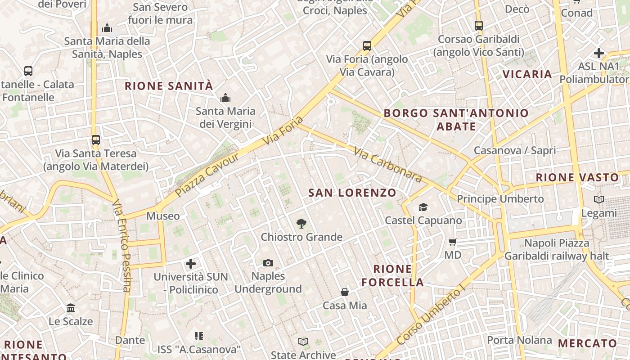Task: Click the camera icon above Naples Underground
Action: point(268,263)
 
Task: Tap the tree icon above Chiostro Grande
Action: point(301,223)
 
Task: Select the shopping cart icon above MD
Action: point(453,242)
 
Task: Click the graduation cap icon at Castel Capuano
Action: point(423,207)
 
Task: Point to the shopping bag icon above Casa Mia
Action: point(345,292)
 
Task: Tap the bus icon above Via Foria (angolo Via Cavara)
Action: point(367,45)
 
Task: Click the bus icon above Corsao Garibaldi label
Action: point(479,26)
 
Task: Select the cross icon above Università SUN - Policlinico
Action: point(191,263)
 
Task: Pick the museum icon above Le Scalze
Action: point(71,308)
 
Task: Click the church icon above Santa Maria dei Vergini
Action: point(225,98)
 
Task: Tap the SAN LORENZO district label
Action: point(352,193)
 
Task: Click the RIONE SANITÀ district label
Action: point(169,86)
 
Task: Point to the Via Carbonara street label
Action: point(388,165)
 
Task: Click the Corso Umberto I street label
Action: point(431,315)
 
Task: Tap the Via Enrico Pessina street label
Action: point(122,245)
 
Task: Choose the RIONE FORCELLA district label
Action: point(393,275)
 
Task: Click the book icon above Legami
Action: point(598,199)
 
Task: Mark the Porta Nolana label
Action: point(519,340)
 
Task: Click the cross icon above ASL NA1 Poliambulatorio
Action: point(598,53)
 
